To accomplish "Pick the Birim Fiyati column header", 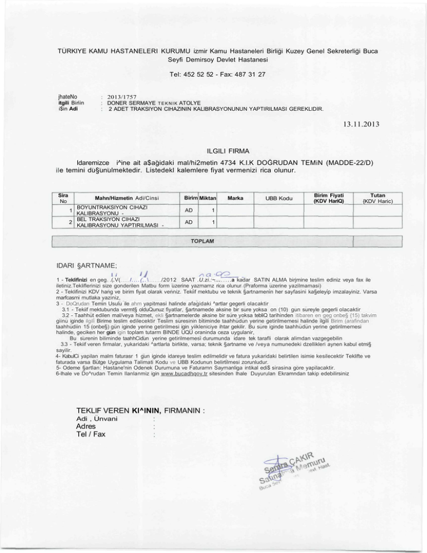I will pyautogui.click(x=330, y=197).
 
